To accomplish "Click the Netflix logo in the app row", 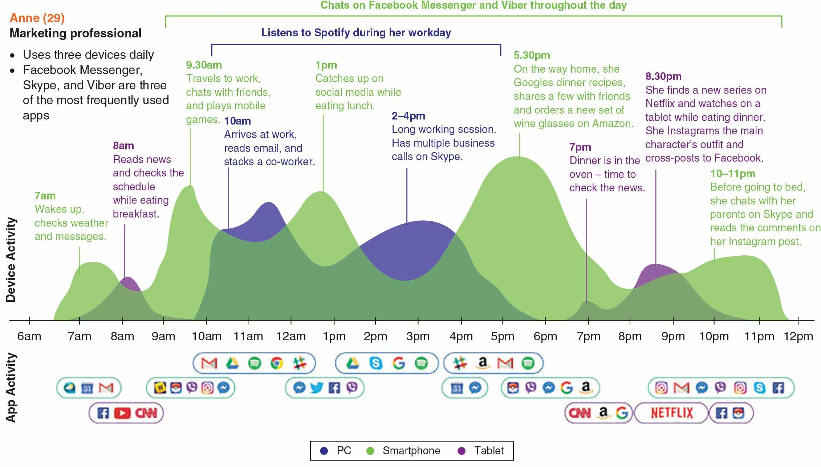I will pos(672,413).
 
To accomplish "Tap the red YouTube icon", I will pos(122,413).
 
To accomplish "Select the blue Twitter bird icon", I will pos(317,388).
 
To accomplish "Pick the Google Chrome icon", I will pos(277,363).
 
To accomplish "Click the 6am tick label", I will pos(29,336).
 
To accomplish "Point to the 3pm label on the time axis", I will pos(418,336).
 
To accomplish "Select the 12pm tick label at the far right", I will pos(798,336).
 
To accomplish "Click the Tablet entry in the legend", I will pos(488,451).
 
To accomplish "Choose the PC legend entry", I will pos(344,451).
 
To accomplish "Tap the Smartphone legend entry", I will pos(411,451).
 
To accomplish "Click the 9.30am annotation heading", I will pos(204,65).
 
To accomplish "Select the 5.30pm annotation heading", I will pos(532,55).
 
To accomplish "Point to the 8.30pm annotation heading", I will pos(663,76).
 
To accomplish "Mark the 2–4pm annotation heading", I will pos(408,116).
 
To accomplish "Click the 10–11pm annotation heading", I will pos(732,174).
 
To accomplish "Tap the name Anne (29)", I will pos(37,18).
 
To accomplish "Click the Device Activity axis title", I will pos(11,260).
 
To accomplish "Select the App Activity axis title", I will pos(11,387).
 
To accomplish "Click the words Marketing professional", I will pos(75,33).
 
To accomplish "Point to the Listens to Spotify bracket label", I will pos(356,33).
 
